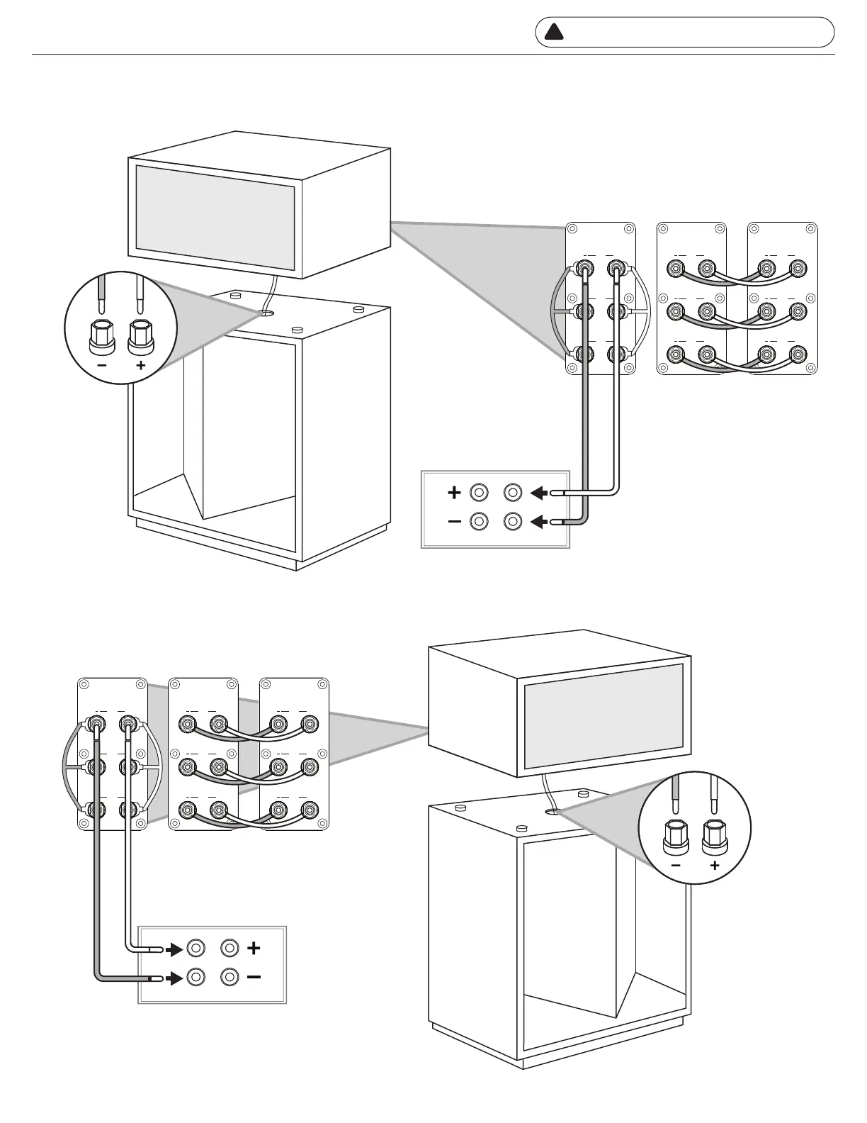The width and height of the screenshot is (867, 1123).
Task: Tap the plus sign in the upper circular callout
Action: (x=141, y=366)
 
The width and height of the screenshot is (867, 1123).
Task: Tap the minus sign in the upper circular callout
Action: (x=102, y=366)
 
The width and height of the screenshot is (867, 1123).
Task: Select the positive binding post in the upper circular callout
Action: (x=140, y=337)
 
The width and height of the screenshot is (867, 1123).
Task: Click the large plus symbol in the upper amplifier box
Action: (x=454, y=492)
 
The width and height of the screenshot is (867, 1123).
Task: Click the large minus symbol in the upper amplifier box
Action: (x=454, y=523)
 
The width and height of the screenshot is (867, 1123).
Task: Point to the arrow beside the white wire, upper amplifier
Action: (x=538, y=492)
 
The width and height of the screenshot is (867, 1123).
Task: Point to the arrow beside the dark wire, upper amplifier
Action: (x=538, y=523)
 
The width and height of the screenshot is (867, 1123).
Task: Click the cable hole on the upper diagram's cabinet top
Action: (x=267, y=312)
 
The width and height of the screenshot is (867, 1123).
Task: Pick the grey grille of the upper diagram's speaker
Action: (x=215, y=218)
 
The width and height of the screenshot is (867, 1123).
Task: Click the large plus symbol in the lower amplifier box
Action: (x=254, y=948)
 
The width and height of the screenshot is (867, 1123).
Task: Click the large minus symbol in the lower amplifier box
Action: (x=254, y=978)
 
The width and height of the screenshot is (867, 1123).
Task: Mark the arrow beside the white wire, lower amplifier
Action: (x=173, y=949)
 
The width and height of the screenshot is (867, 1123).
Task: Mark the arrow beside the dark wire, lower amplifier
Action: (x=173, y=978)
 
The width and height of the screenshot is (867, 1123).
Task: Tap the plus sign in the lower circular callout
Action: (x=715, y=866)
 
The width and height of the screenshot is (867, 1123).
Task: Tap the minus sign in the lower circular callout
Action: (x=676, y=866)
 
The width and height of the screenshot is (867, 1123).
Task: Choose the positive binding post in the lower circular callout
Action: (x=714, y=838)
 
